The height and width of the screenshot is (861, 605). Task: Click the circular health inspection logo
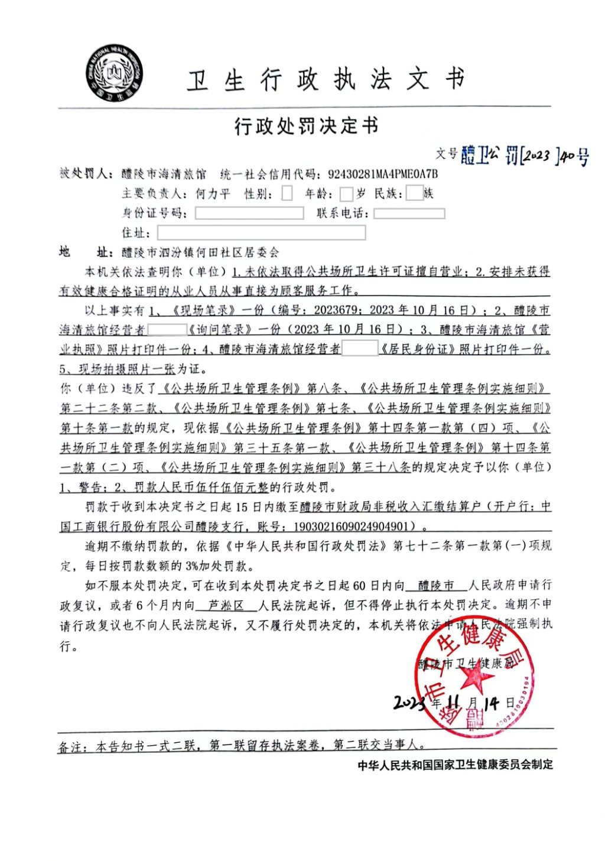(x=113, y=73)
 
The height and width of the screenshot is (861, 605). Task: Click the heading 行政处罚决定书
(x=305, y=126)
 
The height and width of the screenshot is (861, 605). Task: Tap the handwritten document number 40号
(x=574, y=157)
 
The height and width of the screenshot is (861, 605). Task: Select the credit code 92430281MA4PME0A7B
(x=383, y=174)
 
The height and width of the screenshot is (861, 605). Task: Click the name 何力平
(x=212, y=194)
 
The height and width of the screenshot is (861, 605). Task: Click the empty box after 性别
(x=287, y=194)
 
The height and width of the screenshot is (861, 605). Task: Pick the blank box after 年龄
(x=346, y=194)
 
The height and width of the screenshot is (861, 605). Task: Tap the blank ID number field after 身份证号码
(x=249, y=213)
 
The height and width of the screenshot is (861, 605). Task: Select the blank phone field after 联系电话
(x=409, y=213)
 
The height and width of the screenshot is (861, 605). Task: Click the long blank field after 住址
(x=261, y=233)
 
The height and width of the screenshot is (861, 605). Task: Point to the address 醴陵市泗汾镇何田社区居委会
(x=200, y=253)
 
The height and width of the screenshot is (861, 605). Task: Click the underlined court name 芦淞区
(x=227, y=605)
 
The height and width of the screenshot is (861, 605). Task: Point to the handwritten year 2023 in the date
(x=409, y=703)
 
